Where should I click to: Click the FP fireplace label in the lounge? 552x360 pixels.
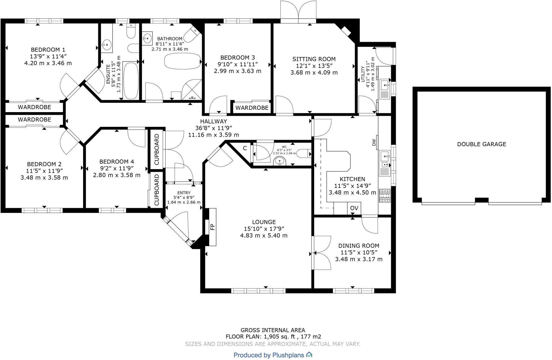pos(213,227)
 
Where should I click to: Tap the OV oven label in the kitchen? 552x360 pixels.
pos(354,208)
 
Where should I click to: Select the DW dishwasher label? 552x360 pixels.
pos(374,143)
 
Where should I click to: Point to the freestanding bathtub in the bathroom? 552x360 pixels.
pos(183,61)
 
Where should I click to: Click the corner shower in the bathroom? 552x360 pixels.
pos(192,90)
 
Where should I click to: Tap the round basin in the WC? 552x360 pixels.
pos(280,161)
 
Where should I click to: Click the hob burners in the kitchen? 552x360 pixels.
pos(385,196)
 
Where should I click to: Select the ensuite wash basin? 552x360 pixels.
pos(107,44)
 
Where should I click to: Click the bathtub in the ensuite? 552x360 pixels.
pos(131,81)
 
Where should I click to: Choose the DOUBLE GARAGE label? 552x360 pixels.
pos(482,144)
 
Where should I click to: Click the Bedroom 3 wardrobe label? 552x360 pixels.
pos(252,108)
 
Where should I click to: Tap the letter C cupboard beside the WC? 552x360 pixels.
pos(245,148)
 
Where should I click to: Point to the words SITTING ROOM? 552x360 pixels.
pos(314,59)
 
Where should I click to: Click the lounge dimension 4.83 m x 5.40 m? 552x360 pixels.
pos(264,236)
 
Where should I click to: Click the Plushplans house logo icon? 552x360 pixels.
pos(309,355)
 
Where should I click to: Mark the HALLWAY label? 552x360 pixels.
pos(213,121)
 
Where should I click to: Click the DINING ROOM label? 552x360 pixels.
pos(359,246)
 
